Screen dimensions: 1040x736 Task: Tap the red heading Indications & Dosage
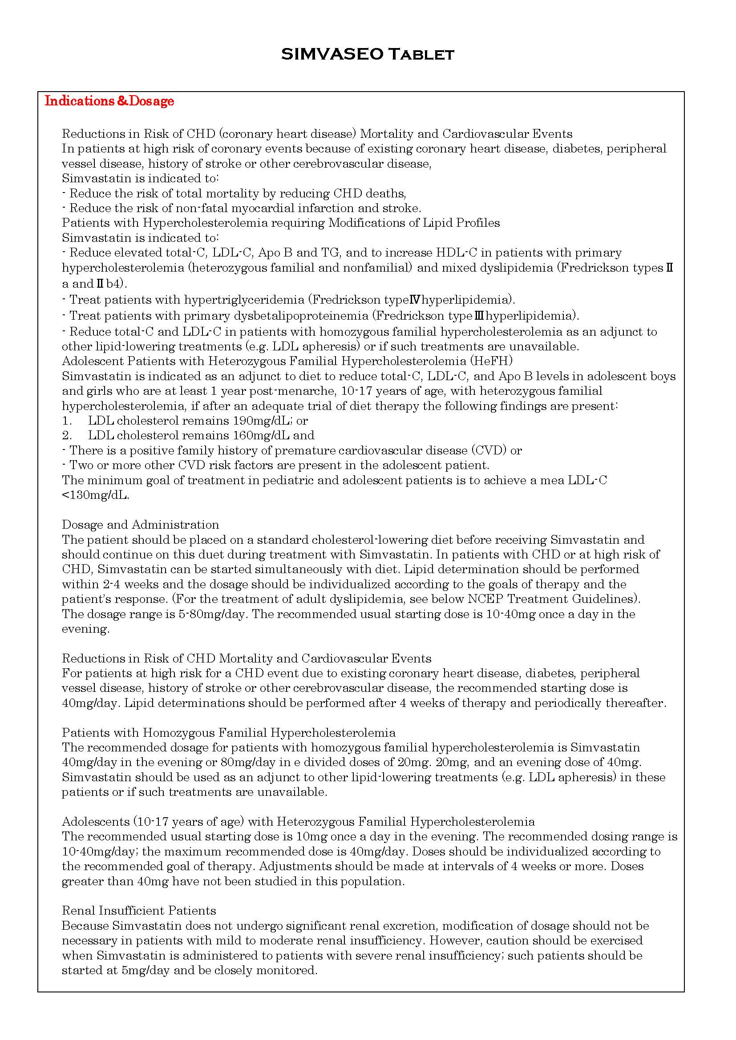109,100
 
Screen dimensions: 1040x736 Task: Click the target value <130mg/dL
95,495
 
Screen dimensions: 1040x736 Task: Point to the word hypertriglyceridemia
244,299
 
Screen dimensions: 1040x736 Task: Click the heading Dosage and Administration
141,525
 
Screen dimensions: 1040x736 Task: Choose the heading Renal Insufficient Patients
139,911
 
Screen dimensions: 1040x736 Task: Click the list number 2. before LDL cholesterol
67,435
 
